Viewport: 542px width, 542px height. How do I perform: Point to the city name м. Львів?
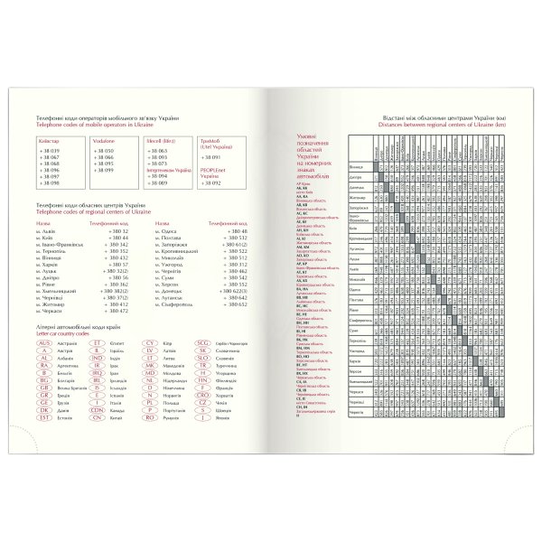[x=44, y=231]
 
